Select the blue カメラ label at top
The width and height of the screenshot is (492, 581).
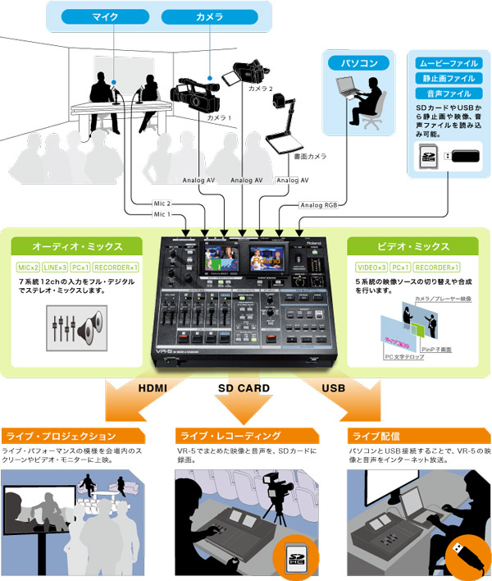tap(203, 16)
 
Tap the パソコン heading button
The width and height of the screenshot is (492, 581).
tap(353, 62)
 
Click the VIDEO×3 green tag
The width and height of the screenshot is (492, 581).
tap(371, 268)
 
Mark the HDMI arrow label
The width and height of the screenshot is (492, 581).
tap(153, 390)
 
